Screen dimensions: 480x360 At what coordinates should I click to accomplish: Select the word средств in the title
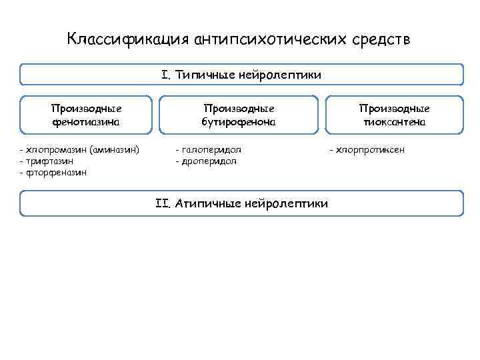(382, 39)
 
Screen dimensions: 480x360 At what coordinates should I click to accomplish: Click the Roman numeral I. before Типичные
(165, 75)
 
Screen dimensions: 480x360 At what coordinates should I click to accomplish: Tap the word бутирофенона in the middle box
(239, 122)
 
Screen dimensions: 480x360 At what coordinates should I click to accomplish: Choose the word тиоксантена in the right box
(395, 122)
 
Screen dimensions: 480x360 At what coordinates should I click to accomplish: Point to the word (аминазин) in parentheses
(113, 150)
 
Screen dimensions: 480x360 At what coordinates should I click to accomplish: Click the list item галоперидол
(211, 150)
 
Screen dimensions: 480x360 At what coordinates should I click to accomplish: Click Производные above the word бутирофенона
(239, 109)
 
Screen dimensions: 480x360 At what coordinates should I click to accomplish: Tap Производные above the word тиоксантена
(395, 109)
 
